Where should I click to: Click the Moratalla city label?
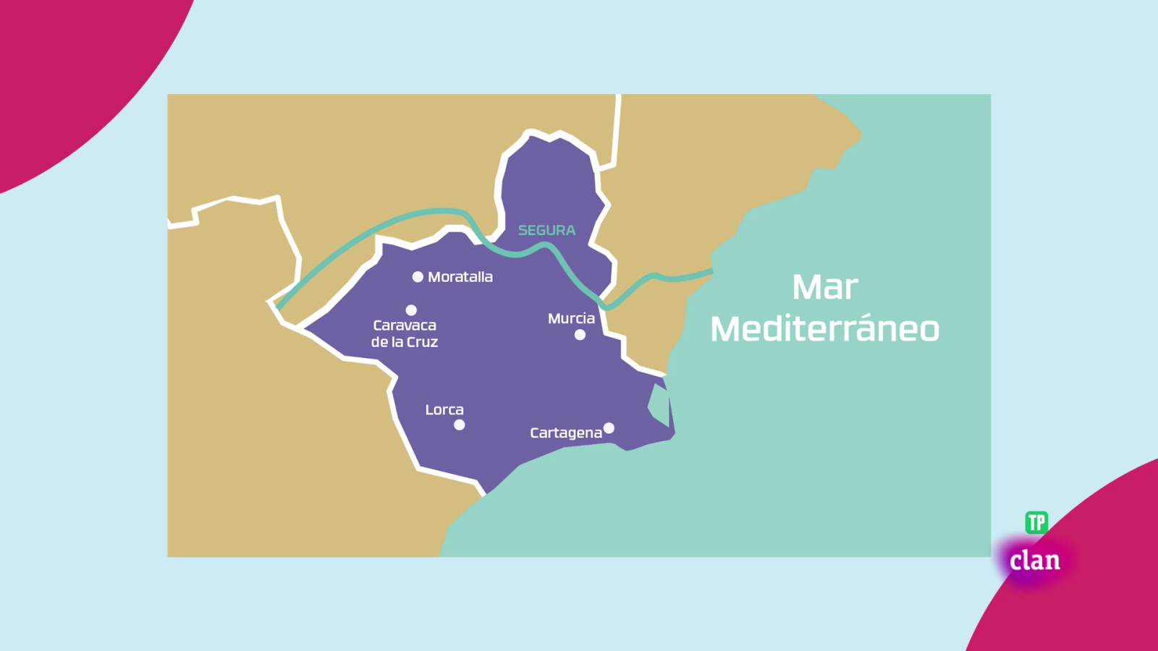pos(460,277)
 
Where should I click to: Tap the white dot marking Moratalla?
pos(418,277)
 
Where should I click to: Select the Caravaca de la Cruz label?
pos(405,333)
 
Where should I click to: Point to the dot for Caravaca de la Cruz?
pos(411,310)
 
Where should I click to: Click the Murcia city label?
pos(571,318)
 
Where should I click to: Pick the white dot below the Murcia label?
pos(580,335)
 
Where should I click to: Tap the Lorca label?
pos(444,409)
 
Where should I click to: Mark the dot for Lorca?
pos(459,425)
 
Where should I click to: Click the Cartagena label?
pos(566,433)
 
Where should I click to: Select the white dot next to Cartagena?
pos(609,428)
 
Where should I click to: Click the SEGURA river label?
pos(546,230)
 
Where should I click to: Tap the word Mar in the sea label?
pos(825,287)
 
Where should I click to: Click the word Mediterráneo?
pos(825,329)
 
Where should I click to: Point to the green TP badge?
pos(1036,522)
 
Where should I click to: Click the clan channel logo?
pos(1035,561)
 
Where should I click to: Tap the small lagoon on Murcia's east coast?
pos(659,405)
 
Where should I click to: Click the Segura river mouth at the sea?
pos(711,272)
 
